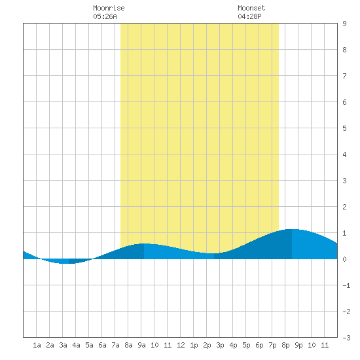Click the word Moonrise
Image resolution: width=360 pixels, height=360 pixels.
tap(109, 8)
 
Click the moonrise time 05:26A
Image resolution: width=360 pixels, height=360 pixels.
tap(105, 16)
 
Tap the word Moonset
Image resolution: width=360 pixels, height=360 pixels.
tap(251, 8)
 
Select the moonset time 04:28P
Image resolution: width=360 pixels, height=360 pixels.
tap(249, 16)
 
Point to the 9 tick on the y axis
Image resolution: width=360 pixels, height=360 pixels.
tap(344, 24)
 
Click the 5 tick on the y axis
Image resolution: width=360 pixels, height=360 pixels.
tap(344, 128)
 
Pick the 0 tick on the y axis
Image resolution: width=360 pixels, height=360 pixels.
tap(344, 259)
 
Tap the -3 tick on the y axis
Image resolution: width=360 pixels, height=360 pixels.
tap(346, 338)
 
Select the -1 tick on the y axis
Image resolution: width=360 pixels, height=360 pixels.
tap(346, 285)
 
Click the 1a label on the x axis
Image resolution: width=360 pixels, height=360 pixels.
tap(37, 345)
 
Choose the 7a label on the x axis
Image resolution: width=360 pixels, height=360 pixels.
tap(115, 345)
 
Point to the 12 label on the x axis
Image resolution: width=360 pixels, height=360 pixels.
tap(181, 345)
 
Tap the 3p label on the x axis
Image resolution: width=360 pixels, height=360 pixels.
tap(220, 345)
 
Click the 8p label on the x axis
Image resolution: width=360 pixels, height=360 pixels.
tap(285, 345)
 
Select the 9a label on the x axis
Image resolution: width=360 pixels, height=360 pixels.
tap(141, 345)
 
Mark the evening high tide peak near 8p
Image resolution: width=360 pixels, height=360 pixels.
tap(291, 229)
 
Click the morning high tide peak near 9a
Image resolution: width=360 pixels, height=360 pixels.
tap(144, 243)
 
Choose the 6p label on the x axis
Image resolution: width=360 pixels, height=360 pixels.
tap(259, 345)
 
